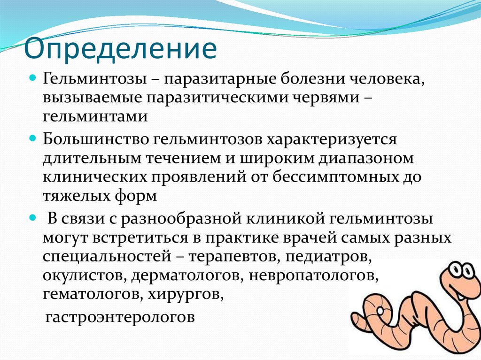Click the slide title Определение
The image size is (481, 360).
click(x=120, y=48)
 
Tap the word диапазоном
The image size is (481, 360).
click(x=366, y=159)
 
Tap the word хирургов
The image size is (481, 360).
click(x=186, y=294)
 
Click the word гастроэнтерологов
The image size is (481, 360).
click(x=120, y=317)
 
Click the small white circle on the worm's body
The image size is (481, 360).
click(x=380, y=310)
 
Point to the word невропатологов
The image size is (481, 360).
click(x=313, y=276)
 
